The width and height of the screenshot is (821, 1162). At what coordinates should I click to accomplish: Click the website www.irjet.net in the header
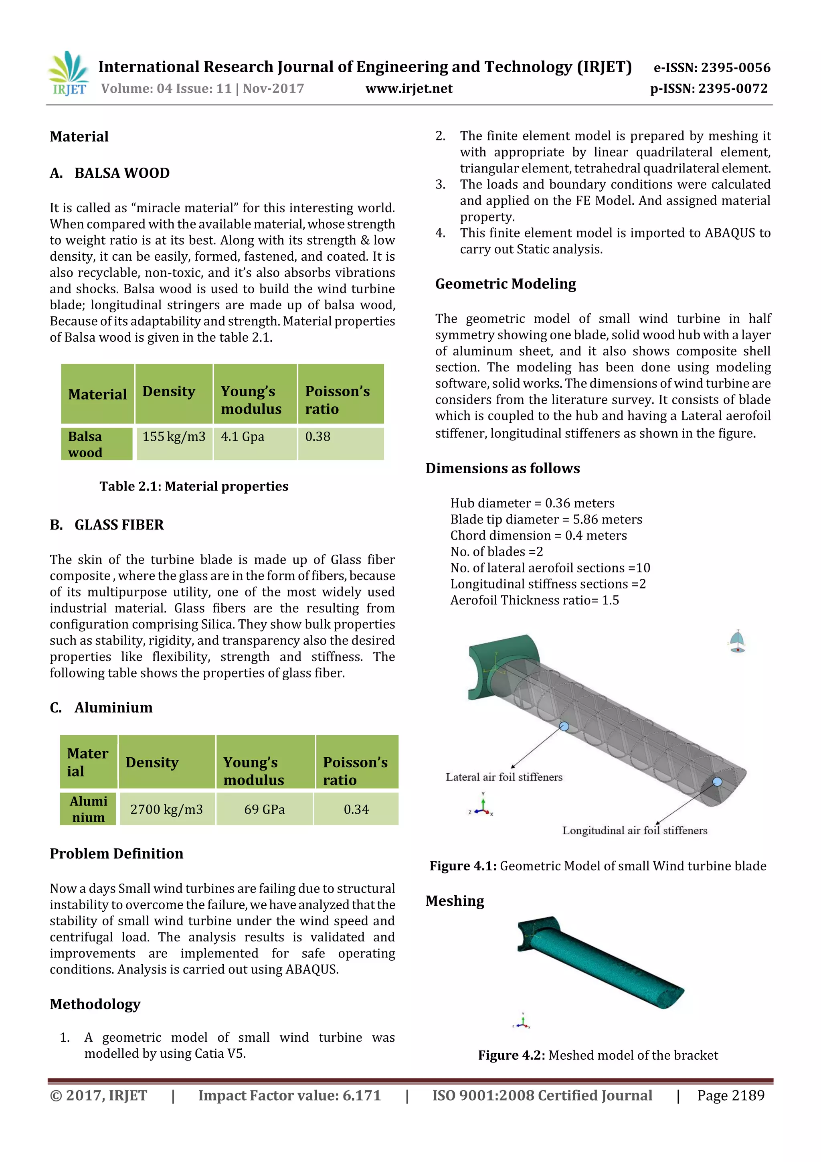(409, 89)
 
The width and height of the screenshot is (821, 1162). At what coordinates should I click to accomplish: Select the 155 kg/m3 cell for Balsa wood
(174, 437)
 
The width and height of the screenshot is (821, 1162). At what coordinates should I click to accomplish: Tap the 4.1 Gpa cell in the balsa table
(243, 437)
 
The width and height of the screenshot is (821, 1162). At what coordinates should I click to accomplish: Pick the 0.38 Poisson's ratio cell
(317, 437)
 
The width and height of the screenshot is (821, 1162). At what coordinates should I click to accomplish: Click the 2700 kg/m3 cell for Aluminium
(166, 809)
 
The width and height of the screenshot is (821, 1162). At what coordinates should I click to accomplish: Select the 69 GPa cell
(264, 809)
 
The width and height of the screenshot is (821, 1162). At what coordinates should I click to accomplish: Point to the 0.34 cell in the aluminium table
(356, 809)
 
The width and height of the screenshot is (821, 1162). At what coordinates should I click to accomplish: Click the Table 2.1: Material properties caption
(194, 487)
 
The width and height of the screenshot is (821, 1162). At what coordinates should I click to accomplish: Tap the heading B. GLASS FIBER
(107, 525)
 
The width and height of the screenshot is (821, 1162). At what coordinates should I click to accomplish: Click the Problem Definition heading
(116, 854)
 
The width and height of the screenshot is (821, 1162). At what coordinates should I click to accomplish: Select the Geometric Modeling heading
(506, 284)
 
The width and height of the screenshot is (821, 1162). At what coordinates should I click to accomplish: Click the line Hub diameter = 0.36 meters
(532, 503)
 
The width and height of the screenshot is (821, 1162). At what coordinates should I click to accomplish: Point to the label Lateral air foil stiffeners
(504, 777)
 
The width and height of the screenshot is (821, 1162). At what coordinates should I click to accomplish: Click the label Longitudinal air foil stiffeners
(634, 831)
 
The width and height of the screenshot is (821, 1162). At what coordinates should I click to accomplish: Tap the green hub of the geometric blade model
(485, 668)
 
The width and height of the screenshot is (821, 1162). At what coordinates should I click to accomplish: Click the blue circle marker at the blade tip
(717, 782)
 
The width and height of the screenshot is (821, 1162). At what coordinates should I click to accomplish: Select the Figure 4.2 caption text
(598, 1055)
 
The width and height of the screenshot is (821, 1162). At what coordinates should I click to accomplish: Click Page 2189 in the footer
(730, 1096)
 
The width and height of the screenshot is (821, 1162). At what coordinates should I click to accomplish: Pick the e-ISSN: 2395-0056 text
(712, 68)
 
